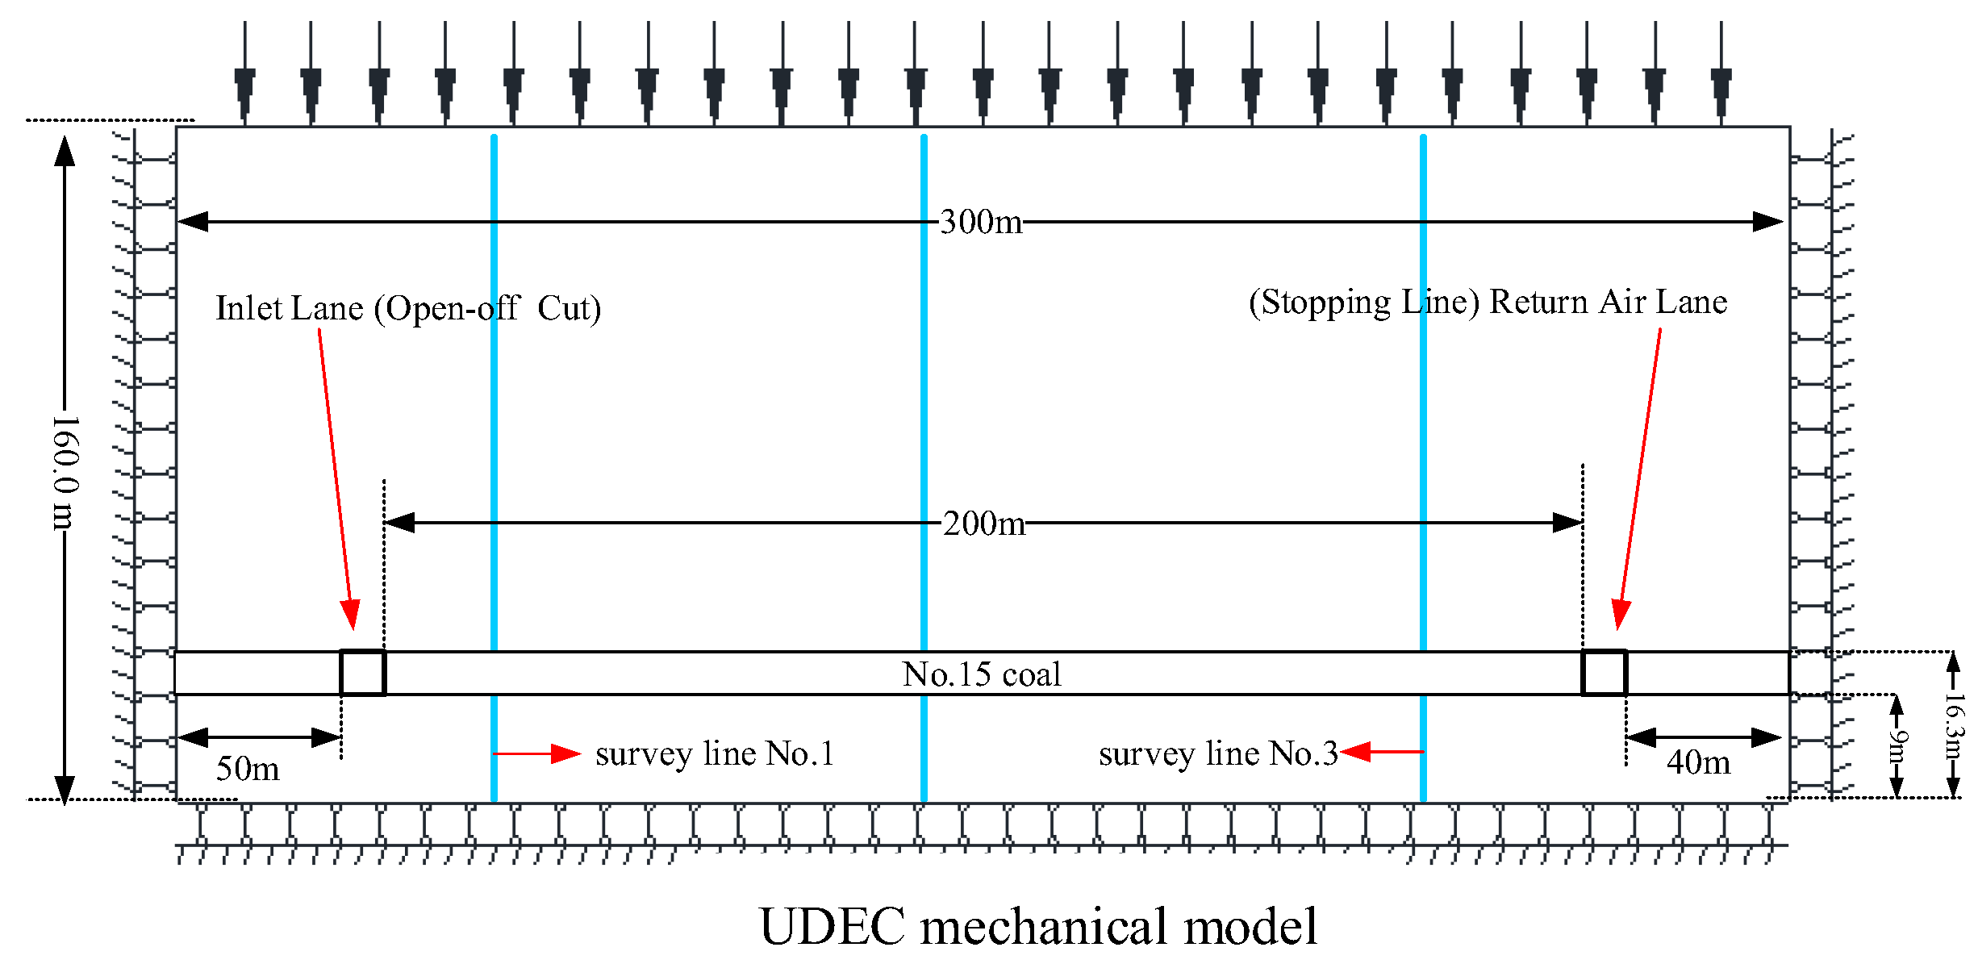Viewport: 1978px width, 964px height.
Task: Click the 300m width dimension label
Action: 981,222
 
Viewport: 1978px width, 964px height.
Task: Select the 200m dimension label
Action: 984,524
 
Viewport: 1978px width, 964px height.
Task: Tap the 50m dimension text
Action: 248,769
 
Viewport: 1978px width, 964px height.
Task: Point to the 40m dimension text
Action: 1698,762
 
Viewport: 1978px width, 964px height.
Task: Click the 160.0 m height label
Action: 65,473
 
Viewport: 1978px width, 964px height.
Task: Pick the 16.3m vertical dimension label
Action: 1953,726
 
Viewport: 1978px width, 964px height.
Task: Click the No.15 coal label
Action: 982,674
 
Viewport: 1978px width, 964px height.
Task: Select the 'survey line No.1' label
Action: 715,754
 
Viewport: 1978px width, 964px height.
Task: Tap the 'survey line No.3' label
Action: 1218,754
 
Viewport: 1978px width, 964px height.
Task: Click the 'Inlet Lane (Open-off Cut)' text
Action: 408,308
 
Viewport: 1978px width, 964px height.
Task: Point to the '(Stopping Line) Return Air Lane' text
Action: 1488,302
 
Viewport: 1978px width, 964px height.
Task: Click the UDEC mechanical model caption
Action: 1038,925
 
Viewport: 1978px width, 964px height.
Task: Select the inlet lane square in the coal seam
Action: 362,673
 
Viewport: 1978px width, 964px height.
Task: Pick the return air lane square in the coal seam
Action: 1604,673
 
